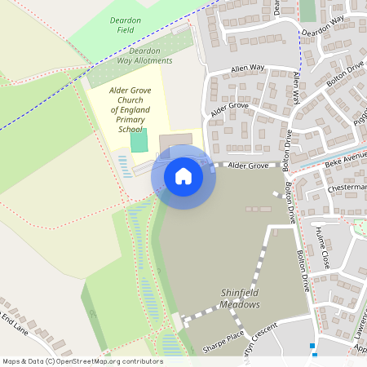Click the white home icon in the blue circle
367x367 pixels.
point(183,176)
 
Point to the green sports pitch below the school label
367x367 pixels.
point(139,141)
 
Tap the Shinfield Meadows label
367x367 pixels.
point(239,298)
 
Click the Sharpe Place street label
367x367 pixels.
point(223,341)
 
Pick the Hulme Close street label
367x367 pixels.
point(321,248)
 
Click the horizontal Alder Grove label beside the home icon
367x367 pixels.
point(248,166)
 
